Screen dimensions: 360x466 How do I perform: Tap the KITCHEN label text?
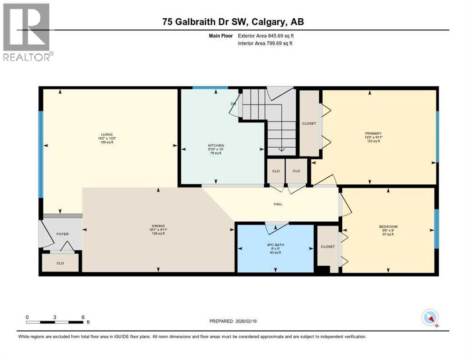[216, 146]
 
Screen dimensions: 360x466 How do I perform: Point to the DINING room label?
[158, 226]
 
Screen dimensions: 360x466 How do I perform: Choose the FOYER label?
[62, 233]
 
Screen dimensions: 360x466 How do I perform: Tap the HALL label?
[278, 204]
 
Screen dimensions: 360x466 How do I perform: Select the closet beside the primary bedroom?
[309, 124]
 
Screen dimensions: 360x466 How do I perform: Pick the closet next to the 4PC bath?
[328, 247]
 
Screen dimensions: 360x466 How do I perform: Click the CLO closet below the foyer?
[60, 263]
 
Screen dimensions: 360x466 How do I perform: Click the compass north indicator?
[429, 318]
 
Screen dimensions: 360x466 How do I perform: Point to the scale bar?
[55, 322]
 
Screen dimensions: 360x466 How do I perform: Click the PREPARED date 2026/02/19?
[233, 321]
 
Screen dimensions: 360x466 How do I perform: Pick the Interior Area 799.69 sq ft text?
[264, 44]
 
